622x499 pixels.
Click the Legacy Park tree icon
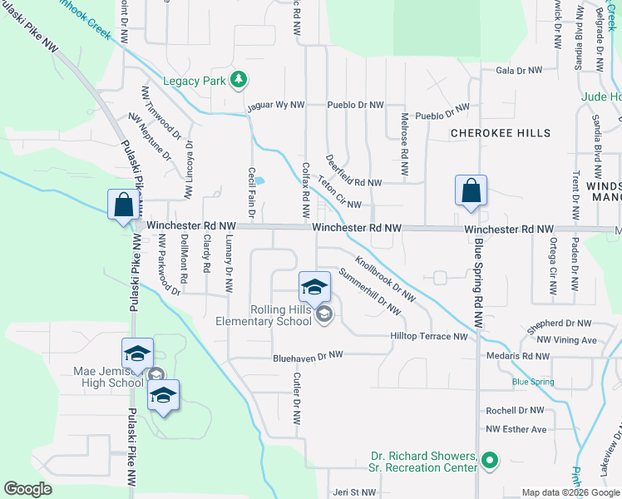point(239,80)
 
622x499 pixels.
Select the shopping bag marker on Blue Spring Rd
point(471,190)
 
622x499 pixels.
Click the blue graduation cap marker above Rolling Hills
point(314,288)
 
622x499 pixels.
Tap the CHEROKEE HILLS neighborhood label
point(501,133)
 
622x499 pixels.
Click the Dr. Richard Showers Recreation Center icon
point(490,459)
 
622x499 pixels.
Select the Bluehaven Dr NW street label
point(309,355)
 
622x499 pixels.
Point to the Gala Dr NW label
point(519,71)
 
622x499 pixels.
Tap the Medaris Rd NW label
point(519,356)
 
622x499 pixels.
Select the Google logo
point(28,489)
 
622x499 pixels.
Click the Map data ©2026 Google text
point(570,492)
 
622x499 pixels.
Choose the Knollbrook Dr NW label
point(385,278)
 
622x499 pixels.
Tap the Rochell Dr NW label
point(515,411)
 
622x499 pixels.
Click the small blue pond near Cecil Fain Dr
point(259,180)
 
